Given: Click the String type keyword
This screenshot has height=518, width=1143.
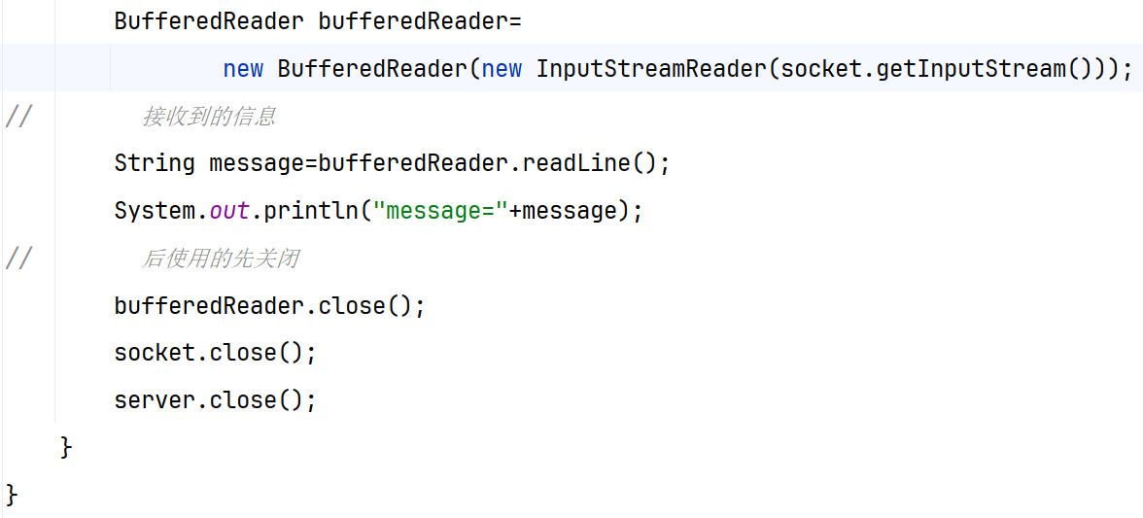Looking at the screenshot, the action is (x=155, y=162).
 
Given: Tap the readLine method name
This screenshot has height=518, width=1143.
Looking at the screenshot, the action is (x=576, y=162).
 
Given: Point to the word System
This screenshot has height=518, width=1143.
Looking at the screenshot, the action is (x=155, y=210).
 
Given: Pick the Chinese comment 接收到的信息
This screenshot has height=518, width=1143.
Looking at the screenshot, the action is (x=209, y=117).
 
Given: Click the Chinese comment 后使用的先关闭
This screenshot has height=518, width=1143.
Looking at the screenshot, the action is (x=221, y=259).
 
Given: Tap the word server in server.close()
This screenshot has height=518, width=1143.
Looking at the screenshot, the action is (x=155, y=399).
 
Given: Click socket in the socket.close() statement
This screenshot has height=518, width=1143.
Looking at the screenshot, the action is (x=155, y=352).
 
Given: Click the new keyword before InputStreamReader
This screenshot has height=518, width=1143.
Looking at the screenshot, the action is (x=502, y=69).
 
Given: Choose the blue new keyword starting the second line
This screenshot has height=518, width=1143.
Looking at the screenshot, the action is (x=243, y=69).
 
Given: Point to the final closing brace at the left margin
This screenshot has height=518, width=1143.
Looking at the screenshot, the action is (x=12, y=494).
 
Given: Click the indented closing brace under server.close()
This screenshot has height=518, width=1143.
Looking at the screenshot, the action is (x=66, y=447).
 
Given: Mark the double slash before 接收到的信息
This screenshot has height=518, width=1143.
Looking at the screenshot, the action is (x=18, y=117).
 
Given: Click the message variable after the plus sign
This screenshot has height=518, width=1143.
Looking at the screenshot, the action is (x=570, y=210).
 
